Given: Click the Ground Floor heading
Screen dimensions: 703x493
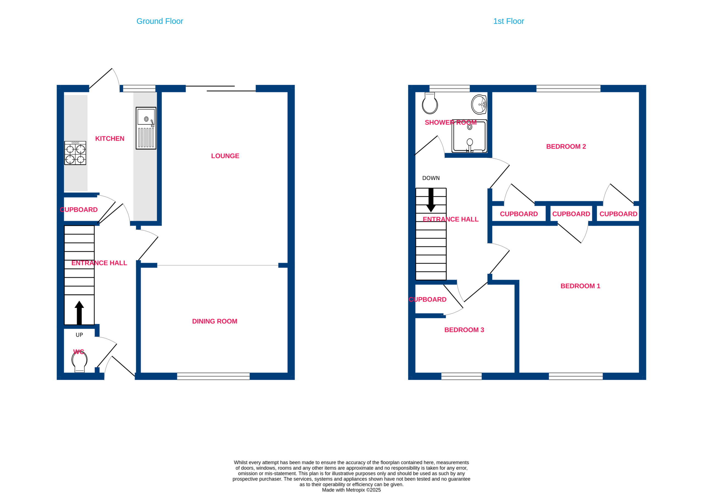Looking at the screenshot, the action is coord(160,21).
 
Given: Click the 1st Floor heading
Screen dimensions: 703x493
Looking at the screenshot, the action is coord(509,21).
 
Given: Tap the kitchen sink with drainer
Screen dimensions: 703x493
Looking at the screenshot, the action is coord(146,128).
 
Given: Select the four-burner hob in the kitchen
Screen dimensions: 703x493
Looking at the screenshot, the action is coord(75,153).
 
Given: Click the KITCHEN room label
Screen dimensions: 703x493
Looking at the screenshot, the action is coord(110,139).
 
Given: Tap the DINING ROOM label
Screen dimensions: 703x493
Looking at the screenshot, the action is coord(215,321).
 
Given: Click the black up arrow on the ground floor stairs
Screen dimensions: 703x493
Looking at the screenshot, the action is coord(79,312).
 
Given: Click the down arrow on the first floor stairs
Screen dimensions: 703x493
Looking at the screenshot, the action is coord(431,200).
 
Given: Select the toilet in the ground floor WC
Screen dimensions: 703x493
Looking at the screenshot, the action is coord(80,362).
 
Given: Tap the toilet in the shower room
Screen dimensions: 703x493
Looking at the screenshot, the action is coord(430,103).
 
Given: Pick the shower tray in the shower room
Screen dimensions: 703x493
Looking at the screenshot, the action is coord(469,136).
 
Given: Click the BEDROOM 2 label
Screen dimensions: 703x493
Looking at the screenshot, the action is coord(566,147).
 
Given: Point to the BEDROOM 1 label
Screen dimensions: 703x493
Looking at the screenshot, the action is coord(580,286).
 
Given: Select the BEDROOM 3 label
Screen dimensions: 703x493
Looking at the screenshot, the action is coord(464,330).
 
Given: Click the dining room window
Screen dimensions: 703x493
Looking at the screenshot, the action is coord(213,376).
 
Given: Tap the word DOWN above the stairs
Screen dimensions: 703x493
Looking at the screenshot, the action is coord(431,178).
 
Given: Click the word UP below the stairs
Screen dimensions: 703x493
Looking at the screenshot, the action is coord(79,335).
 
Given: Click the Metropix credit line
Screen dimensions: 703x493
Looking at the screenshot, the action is coord(351,490).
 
